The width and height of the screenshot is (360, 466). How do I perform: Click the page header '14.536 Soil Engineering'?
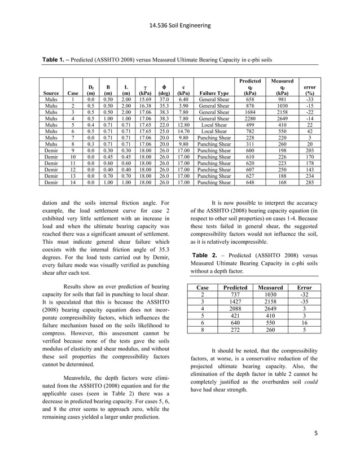coord(180,25)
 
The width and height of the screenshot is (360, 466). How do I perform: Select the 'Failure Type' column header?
coord(214,93)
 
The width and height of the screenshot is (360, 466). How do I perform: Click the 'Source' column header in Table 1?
coord(51,93)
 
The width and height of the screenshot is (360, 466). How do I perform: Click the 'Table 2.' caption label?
coord(207,255)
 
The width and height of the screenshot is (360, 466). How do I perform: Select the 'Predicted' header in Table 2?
coord(236,287)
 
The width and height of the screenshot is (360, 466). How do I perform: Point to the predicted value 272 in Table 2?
coord(236,330)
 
